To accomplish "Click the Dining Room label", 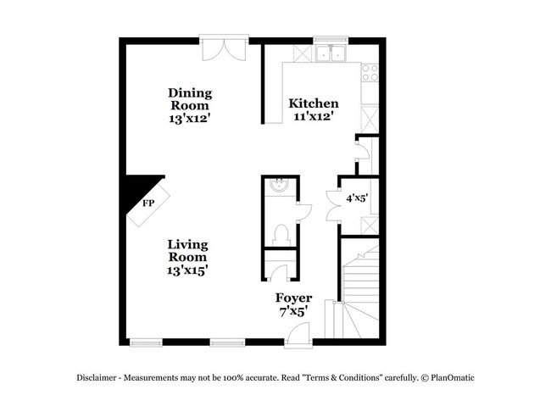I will (x=190, y=99).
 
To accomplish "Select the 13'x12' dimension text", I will (x=190, y=119).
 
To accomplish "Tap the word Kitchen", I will (x=314, y=103).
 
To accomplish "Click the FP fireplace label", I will (x=148, y=203).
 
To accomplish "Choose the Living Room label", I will (x=187, y=251).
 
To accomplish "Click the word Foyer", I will (x=293, y=298).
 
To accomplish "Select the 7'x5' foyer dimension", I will (x=292, y=311).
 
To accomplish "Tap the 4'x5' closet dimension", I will (x=357, y=198).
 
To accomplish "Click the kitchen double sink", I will (x=331, y=53).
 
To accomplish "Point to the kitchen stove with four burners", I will (x=370, y=73).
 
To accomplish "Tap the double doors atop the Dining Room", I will (x=225, y=47).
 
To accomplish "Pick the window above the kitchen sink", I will (x=331, y=39).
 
